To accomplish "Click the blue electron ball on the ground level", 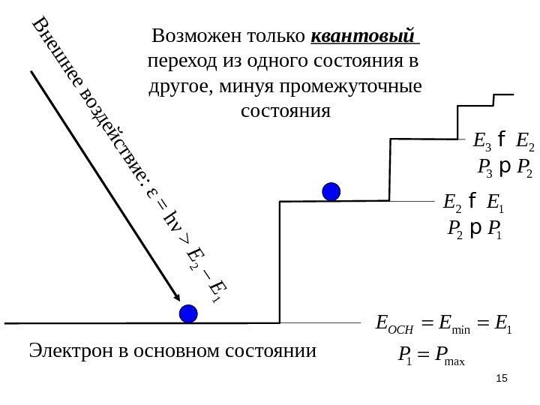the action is pos(190,313).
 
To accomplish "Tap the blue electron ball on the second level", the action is pos(331,191).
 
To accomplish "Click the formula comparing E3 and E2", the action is pos(502,139).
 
